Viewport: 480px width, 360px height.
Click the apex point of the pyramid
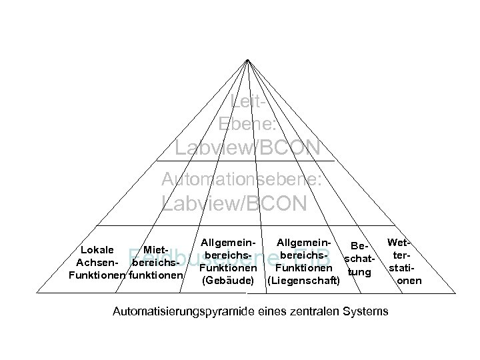(x=247, y=59)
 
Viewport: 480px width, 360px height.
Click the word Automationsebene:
(x=243, y=179)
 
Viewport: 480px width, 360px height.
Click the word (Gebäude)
(x=227, y=281)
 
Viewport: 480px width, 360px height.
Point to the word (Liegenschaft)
(x=303, y=281)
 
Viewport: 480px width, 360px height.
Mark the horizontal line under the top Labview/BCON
(x=245, y=161)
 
